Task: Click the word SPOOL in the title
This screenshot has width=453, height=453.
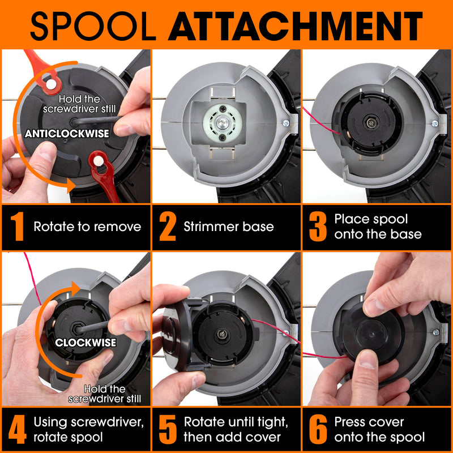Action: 93,26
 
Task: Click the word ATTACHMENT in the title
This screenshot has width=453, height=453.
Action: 295,26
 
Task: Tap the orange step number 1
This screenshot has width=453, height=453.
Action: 17,226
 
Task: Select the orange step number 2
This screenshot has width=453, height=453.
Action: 167,226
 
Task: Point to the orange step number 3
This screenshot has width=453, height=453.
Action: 318,226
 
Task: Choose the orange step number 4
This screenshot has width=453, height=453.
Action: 18,429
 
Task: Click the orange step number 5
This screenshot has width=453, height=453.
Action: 168,429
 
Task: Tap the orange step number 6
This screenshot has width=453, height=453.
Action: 318,429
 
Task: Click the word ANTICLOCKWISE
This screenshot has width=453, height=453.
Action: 67,134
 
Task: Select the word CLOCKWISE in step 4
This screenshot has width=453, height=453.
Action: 86,343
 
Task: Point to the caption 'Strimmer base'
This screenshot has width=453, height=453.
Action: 229,226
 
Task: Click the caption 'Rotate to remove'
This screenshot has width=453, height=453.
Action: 87,226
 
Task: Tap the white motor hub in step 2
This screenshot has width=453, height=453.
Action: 222,123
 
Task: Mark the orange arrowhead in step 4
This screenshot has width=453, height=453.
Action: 76,288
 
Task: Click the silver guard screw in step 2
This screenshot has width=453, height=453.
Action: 286,123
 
